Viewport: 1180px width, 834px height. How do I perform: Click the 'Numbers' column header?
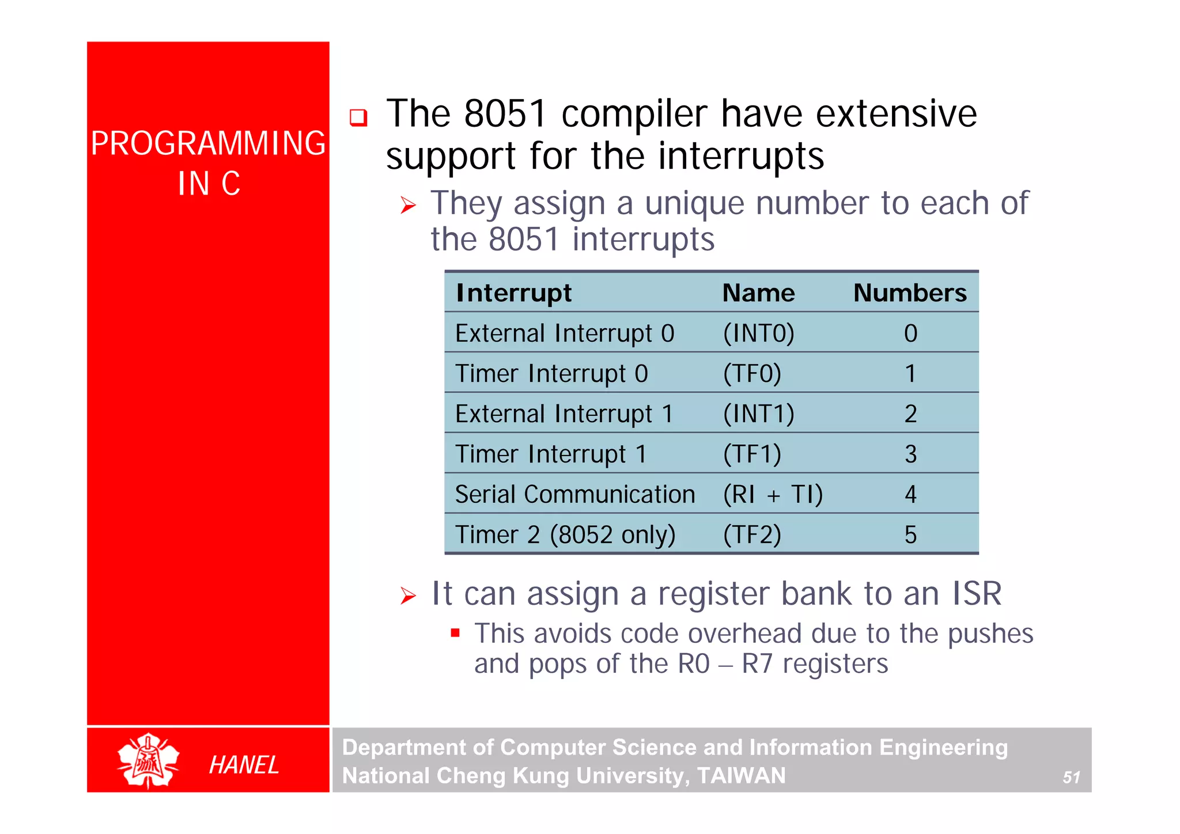909,293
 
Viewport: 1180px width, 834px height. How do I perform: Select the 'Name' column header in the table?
758,293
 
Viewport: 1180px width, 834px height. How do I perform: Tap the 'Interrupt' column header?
513,293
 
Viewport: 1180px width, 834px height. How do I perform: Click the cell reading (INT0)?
758,333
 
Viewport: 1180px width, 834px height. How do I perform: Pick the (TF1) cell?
752,454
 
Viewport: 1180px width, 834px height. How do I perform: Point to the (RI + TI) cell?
773,495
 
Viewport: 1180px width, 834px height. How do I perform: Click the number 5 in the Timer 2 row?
910,535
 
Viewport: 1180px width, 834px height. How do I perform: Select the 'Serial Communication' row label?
574,495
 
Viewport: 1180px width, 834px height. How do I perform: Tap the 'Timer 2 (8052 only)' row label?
565,535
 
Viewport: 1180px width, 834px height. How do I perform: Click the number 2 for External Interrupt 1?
910,414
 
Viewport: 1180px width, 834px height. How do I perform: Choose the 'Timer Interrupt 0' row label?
551,374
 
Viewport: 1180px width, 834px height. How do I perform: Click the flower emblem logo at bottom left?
148,761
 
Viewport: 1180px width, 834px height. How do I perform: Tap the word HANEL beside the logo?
244,765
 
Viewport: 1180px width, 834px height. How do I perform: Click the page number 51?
1071,778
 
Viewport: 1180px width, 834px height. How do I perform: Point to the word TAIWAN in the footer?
741,776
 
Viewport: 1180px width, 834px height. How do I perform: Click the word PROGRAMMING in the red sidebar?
208,143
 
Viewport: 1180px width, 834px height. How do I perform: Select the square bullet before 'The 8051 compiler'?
358,117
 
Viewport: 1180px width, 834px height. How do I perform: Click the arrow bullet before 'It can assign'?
408,596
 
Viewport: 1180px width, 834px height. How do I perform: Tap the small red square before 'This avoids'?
455,634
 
